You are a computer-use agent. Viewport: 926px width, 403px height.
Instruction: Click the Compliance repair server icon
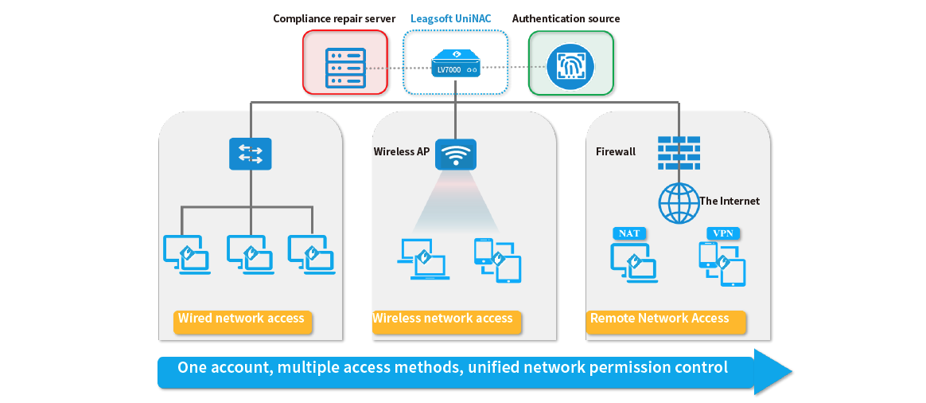coord(345,63)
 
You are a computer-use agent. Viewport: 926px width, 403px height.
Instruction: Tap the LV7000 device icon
coord(455,63)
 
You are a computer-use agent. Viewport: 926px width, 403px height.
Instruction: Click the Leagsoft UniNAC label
coord(450,18)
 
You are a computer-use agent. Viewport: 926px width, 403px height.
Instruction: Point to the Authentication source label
coord(566,18)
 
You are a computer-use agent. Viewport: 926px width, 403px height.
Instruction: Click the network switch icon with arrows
coord(250,153)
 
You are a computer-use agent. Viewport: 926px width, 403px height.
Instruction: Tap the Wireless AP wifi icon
coord(455,155)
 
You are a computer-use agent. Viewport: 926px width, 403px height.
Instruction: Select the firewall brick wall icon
coord(679,152)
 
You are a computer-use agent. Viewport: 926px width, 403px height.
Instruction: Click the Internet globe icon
coord(679,202)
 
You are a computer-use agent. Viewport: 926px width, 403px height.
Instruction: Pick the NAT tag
coord(629,233)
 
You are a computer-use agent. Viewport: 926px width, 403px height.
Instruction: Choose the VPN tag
coord(723,233)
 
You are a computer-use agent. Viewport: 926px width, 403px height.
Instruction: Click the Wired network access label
coord(241,319)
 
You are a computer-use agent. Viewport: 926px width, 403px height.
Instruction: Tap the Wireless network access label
coord(443,319)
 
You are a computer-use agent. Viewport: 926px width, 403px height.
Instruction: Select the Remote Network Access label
coord(659,319)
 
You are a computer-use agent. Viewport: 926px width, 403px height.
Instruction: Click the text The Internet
coord(729,201)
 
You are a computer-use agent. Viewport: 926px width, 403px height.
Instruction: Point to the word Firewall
coord(615,151)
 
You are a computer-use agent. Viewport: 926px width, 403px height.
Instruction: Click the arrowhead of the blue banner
coord(772,371)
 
